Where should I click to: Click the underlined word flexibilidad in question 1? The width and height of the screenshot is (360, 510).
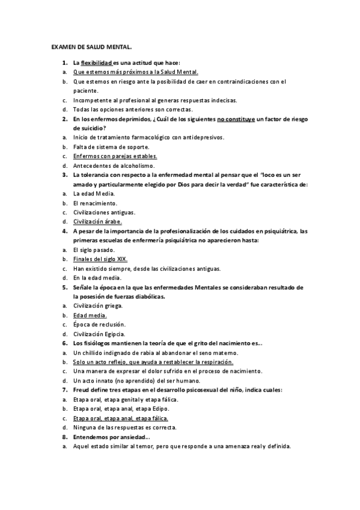[96, 63]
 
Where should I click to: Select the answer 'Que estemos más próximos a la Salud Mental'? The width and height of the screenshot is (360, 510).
[135, 72]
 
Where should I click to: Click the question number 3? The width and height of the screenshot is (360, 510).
[64, 174]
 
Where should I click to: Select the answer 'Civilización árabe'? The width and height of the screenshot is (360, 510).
[97, 221]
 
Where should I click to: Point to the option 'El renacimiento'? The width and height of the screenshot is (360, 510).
[95, 203]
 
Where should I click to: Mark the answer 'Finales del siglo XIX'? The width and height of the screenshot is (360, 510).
[100, 259]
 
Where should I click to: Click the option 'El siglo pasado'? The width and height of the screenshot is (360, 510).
[93, 250]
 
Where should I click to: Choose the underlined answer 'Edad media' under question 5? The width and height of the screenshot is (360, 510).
[90, 315]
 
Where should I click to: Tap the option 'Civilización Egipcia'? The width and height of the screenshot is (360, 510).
[99, 334]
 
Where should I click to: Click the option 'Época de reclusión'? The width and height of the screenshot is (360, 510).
[99, 324]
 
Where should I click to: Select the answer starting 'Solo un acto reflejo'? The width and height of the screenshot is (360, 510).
[153, 362]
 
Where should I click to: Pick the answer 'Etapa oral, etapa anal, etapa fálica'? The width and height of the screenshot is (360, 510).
[120, 418]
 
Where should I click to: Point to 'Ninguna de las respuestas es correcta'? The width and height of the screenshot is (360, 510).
[124, 427]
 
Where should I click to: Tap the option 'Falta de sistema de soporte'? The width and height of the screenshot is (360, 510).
[111, 147]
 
